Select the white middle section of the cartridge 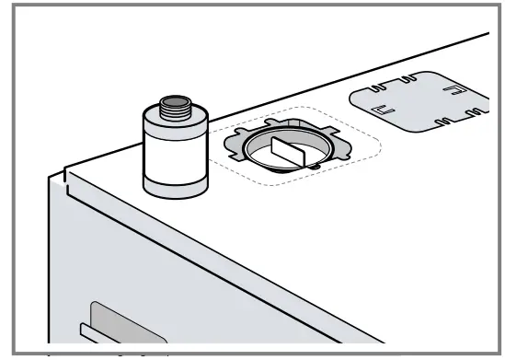pos(173,155)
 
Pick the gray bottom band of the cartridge pos(173,184)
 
